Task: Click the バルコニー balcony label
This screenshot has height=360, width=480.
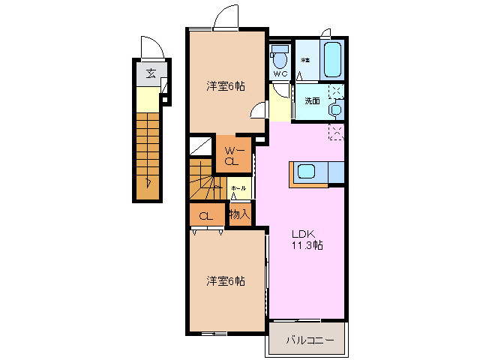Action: (310, 340)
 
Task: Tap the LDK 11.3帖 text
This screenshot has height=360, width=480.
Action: (307, 238)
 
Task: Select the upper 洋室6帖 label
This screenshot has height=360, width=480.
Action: (226, 86)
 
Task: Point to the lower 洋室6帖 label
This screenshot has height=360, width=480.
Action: (226, 281)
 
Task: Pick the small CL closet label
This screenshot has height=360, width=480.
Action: (205, 217)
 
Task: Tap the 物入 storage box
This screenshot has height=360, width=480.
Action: (239, 215)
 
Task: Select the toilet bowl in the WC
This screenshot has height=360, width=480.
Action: (280, 57)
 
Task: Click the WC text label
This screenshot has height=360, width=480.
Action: (280, 74)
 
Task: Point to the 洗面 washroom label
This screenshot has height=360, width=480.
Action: (312, 100)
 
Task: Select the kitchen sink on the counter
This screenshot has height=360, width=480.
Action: (307, 171)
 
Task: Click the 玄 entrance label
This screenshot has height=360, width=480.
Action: (151, 73)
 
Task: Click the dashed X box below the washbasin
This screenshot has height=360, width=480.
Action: (335, 132)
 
